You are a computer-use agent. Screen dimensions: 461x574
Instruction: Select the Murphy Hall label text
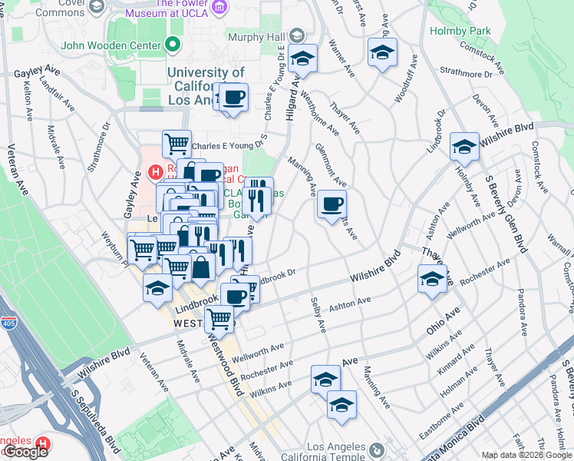point(256,36)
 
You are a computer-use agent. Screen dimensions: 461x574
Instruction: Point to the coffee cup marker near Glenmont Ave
point(332,204)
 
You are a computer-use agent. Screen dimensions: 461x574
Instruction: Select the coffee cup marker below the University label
point(233,98)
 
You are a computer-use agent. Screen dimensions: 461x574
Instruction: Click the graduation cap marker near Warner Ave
point(381,52)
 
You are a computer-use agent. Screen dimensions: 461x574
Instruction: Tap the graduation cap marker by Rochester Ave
point(432,278)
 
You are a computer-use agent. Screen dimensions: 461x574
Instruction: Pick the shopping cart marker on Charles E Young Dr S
point(176,143)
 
